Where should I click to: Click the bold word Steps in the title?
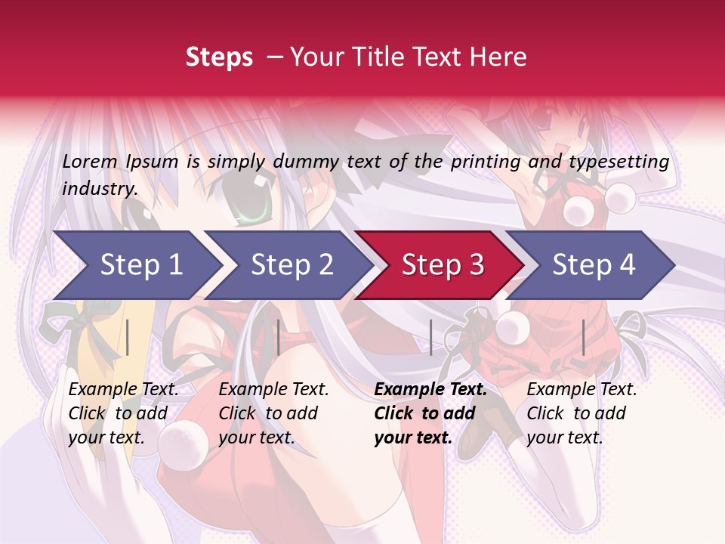tap(219, 57)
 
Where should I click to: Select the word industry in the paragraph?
tap(99, 188)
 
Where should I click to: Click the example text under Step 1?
tap(123, 413)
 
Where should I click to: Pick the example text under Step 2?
tap(273, 413)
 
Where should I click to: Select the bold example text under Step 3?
tap(430, 413)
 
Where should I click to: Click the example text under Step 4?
tap(582, 413)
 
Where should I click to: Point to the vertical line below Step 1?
tap(128, 337)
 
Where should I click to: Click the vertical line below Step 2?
tap(279, 337)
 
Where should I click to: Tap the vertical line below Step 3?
tap(430, 337)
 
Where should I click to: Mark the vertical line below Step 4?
tap(583, 337)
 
